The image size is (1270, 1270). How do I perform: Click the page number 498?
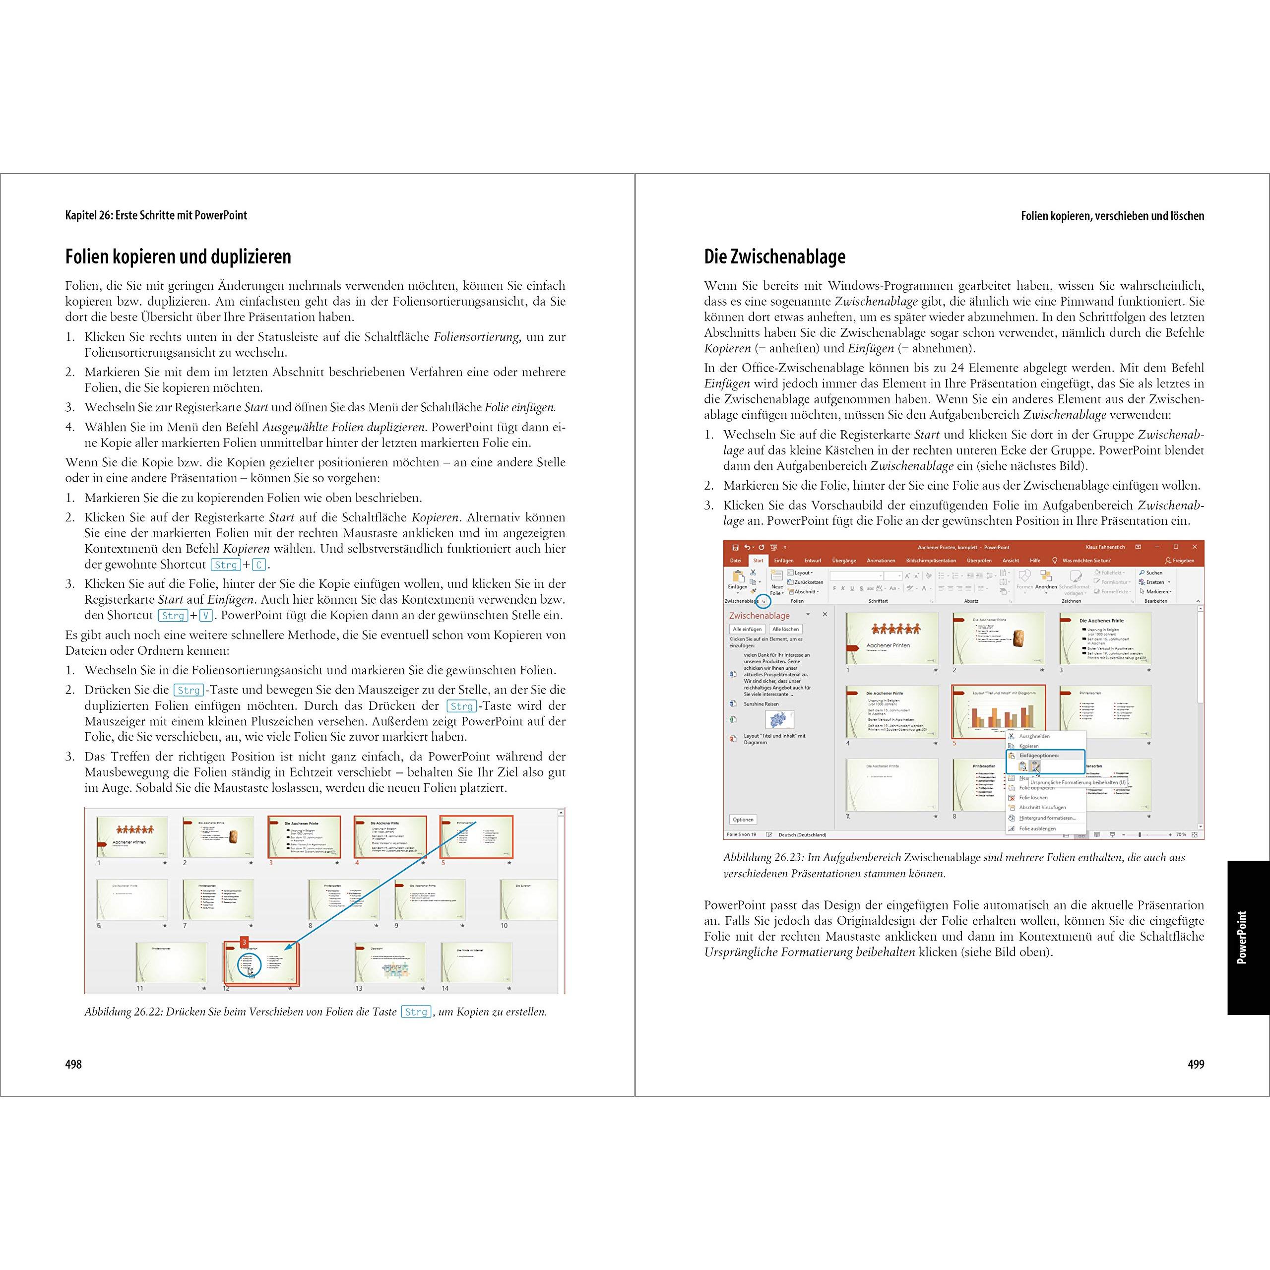tap(73, 1064)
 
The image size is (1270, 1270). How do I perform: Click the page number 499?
tap(1196, 1064)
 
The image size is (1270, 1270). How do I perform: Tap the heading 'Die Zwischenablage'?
tap(774, 256)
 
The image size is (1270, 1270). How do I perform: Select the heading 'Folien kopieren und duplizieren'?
tap(178, 256)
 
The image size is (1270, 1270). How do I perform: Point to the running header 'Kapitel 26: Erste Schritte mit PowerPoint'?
tap(156, 215)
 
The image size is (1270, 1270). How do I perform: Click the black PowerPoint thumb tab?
tap(1248, 938)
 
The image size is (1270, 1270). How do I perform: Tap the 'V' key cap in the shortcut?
tap(206, 616)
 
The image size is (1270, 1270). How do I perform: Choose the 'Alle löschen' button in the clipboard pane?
tap(785, 629)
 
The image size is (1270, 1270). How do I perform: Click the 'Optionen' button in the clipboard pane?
tap(743, 820)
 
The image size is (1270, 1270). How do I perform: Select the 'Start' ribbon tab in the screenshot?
tap(758, 561)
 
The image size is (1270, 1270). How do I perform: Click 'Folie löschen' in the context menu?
tap(1033, 797)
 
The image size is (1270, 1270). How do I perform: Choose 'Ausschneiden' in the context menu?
tap(1034, 736)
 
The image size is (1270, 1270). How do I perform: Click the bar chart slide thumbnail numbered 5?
tap(998, 711)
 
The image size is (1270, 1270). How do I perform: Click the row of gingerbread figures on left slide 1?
tap(135, 829)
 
